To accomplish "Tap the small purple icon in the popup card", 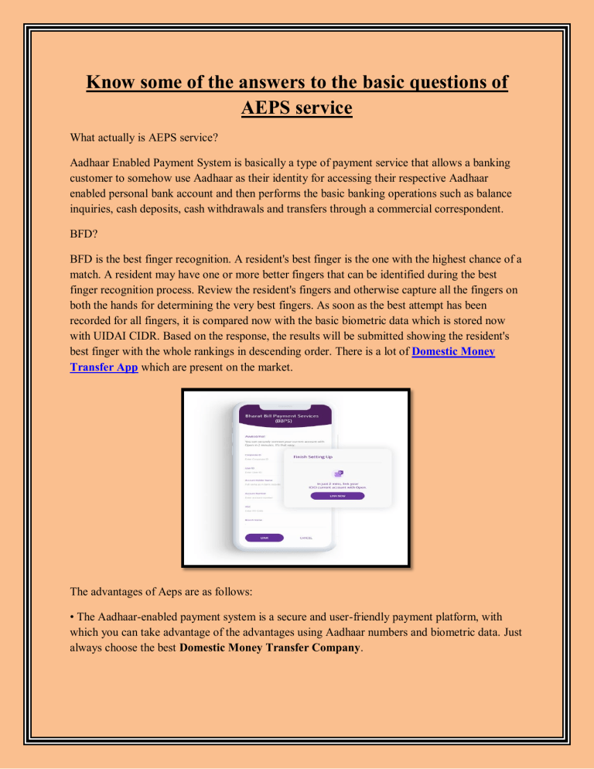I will tap(336, 472).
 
